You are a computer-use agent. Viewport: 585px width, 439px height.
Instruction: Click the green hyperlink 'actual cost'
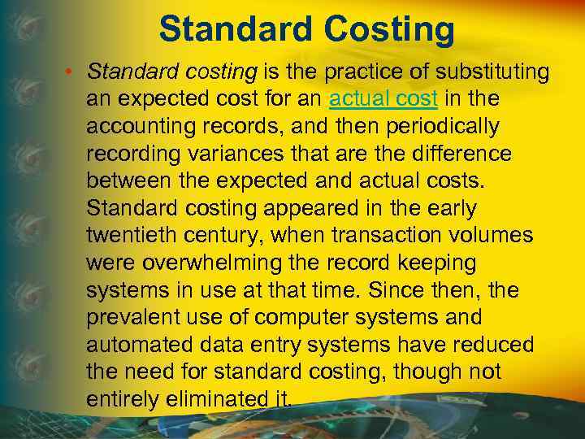(x=383, y=99)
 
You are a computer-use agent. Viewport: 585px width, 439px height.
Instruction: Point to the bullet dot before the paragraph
(x=72, y=72)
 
